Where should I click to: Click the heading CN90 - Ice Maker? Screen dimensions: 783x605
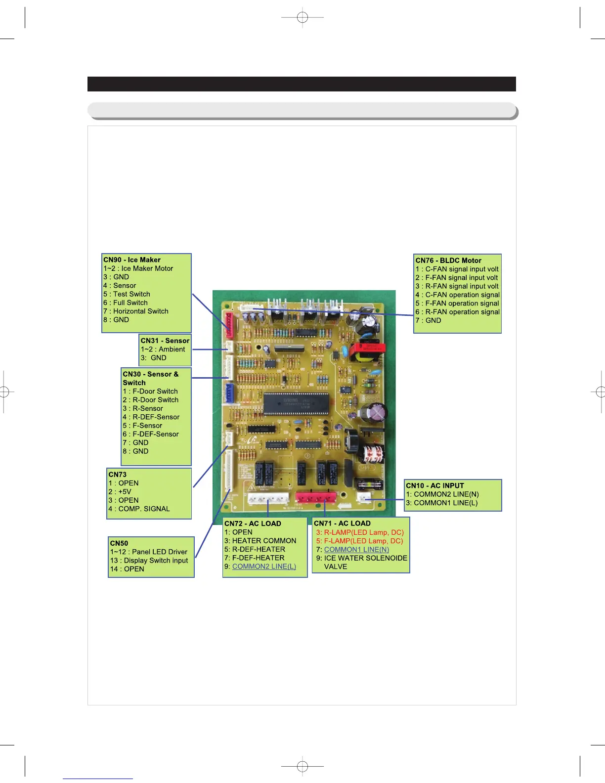[132, 260]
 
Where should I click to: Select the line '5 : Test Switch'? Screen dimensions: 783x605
[127, 294]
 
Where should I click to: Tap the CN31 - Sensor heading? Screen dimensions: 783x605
[165, 341]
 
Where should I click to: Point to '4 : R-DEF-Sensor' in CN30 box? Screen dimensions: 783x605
[151, 417]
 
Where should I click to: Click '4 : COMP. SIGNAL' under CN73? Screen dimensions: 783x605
[139, 509]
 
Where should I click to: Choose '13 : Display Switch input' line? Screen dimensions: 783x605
[149, 561]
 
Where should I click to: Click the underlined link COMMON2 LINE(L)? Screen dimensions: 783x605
[264, 566]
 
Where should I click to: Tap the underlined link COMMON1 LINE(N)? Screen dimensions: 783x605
[356, 550]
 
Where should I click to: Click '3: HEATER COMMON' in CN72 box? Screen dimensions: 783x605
[260, 541]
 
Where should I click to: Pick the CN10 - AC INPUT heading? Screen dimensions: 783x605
[435, 485]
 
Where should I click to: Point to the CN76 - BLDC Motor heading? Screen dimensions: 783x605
[448, 261]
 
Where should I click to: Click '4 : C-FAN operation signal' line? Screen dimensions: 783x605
[457, 295]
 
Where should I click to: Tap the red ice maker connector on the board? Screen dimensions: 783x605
[230, 324]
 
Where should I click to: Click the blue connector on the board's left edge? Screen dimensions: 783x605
[228, 393]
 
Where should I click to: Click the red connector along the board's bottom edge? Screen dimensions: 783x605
[315, 497]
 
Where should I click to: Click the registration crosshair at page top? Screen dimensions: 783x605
[302, 18]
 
